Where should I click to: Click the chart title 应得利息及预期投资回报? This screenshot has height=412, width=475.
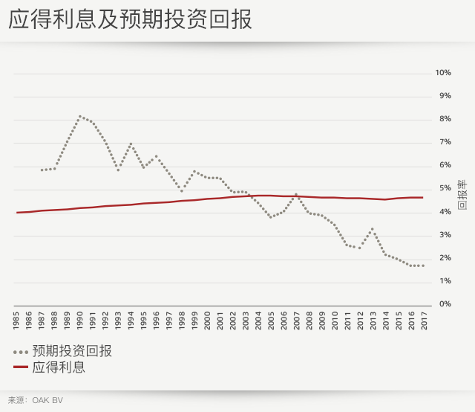coord(130,20)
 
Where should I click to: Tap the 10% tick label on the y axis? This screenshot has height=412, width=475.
coord(443,73)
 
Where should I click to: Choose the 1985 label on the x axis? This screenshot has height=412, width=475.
coord(17,321)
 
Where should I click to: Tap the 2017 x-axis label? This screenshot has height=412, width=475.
coord(423,321)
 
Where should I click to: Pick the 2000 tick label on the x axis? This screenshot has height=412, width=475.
coord(207,321)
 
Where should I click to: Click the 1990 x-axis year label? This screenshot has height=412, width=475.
coord(80,321)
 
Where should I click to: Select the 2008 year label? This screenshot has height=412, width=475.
coord(309,321)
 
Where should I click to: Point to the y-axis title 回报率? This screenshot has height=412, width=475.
coord(461,195)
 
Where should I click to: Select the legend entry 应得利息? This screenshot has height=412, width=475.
coord(59,367)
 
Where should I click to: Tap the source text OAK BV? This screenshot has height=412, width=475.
coord(47,400)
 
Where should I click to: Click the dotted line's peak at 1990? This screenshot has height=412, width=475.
coord(80,116)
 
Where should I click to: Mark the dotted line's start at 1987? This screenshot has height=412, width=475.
coord(42,170)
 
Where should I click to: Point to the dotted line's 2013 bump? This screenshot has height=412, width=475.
coord(373,229)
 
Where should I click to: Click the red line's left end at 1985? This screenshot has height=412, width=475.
coord(17,213)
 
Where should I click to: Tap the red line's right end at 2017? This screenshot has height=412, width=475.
coord(423,197)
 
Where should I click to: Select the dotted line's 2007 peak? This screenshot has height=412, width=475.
coord(296,194)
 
